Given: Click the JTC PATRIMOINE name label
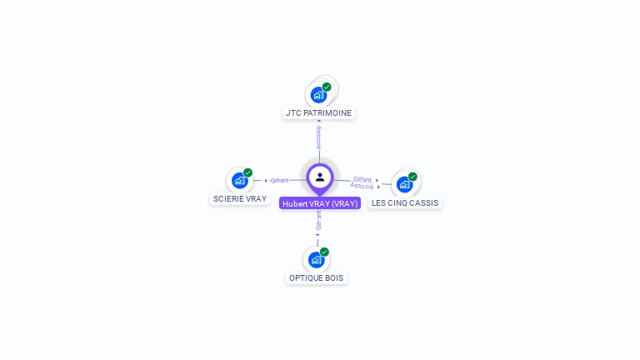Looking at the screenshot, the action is (x=319, y=112).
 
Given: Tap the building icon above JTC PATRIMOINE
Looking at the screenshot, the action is (x=318, y=95).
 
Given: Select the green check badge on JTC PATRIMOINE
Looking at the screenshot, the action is (x=327, y=87).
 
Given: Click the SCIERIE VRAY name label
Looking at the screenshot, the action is (x=240, y=199).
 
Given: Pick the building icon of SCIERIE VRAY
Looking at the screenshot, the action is (x=239, y=181).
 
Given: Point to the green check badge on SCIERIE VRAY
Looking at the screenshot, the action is (x=247, y=172).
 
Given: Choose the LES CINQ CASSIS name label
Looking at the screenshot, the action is (x=405, y=202).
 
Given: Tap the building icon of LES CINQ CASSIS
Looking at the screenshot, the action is (x=404, y=184).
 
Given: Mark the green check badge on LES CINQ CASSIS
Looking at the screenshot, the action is (x=412, y=177).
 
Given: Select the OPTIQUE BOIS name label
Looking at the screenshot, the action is (x=317, y=277).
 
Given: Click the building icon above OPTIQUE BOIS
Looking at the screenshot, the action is (x=316, y=260).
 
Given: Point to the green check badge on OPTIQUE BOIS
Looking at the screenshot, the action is (x=324, y=252).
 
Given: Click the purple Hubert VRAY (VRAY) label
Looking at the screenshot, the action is (x=320, y=203).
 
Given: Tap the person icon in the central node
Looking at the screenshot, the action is (x=320, y=177).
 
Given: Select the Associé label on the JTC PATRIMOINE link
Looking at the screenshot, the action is (x=318, y=137).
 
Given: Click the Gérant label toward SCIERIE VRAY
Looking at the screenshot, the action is (x=279, y=180).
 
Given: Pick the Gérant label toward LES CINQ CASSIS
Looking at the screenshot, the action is (x=362, y=178).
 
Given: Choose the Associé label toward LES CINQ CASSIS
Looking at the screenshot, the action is (x=362, y=186).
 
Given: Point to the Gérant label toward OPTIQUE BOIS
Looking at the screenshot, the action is (x=317, y=221).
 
